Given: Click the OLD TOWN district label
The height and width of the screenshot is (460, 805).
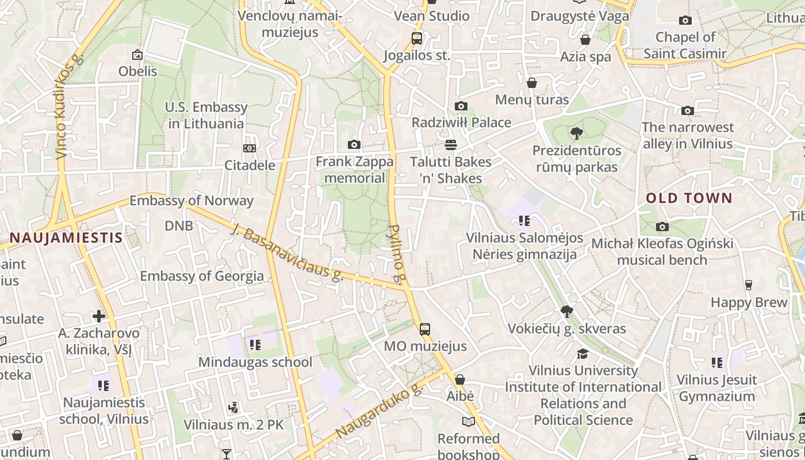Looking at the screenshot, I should tap(689, 198).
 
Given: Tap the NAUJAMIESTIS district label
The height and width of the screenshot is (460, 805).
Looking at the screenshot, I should tap(66, 237).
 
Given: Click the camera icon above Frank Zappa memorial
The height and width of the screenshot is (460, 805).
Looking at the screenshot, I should tap(354, 144).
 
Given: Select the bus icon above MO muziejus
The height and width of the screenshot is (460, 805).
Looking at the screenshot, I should tap(424, 329).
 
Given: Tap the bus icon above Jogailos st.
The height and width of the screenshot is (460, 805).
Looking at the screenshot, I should tap(416, 39).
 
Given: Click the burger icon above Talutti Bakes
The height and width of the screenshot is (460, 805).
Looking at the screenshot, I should tap(450, 144).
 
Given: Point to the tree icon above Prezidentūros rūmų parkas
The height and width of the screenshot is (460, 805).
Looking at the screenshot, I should tap(576, 133).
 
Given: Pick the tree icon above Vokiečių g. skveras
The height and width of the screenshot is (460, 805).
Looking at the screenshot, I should tap(566, 312).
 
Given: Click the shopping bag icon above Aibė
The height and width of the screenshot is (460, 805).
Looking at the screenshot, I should tap(459, 379).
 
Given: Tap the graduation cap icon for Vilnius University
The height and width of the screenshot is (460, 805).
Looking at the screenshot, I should tap(583, 353).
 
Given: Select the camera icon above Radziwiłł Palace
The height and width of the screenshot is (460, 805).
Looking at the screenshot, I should tap(461, 106).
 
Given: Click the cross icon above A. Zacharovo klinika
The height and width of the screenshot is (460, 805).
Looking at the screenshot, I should tap(99, 316).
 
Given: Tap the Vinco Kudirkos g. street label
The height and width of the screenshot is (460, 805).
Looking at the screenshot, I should tap(69, 107).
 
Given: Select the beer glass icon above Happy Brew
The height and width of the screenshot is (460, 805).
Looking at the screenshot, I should tap(748, 285).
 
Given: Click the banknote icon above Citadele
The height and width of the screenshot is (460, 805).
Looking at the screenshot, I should tap(249, 148).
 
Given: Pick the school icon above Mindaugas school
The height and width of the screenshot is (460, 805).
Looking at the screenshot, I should tap(255, 345).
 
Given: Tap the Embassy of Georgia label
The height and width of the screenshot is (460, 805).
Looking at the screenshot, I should tap(202, 276).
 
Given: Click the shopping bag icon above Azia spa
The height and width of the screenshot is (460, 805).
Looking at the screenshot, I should tap(585, 40).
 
